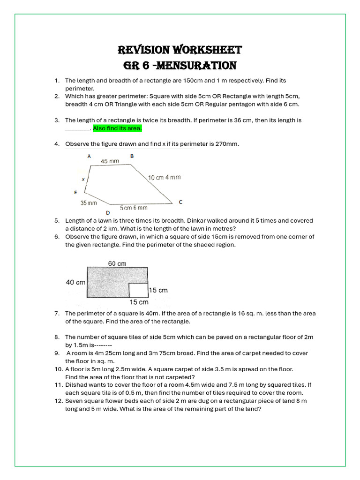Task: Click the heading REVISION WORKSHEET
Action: [x=180, y=50]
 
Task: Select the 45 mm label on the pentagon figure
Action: [x=110, y=161]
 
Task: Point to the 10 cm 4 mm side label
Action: [x=164, y=177]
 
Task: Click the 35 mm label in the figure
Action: [x=89, y=203]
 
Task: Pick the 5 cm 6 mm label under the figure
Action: [x=134, y=208]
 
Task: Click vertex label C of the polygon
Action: [x=180, y=202]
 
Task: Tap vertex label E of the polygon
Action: [x=75, y=192]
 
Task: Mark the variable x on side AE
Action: [x=83, y=179]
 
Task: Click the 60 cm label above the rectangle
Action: [x=117, y=263]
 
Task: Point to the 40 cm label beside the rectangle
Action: [x=75, y=282]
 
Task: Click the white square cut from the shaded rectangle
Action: [x=139, y=290]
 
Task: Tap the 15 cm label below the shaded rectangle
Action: [x=139, y=302]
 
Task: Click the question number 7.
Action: [x=57, y=313]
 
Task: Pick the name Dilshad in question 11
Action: [x=76, y=385]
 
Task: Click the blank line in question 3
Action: [x=77, y=129]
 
